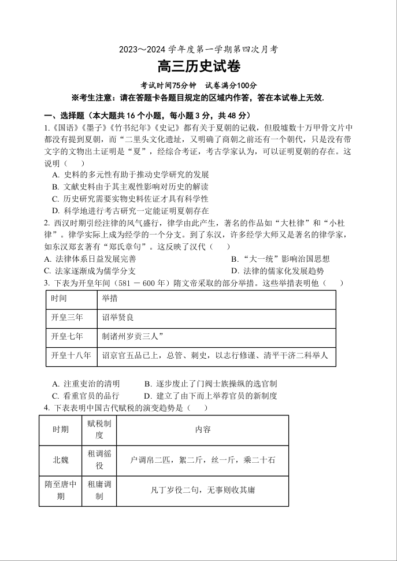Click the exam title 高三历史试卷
(x=199, y=67)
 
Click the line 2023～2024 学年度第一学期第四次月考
(x=198, y=50)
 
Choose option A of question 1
(x=130, y=174)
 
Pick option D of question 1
(x=130, y=211)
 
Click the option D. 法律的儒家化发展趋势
(x=277, y=270)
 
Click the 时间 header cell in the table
(x=59, y=299)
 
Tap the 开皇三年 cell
(x=67, y=317)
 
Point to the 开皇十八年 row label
(x=71, y=355)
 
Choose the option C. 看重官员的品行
(x=86, y=396)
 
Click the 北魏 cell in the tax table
(x=61, y=460)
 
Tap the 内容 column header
(x=203, y=429)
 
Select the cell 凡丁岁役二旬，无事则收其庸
(x=203, y=490)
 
